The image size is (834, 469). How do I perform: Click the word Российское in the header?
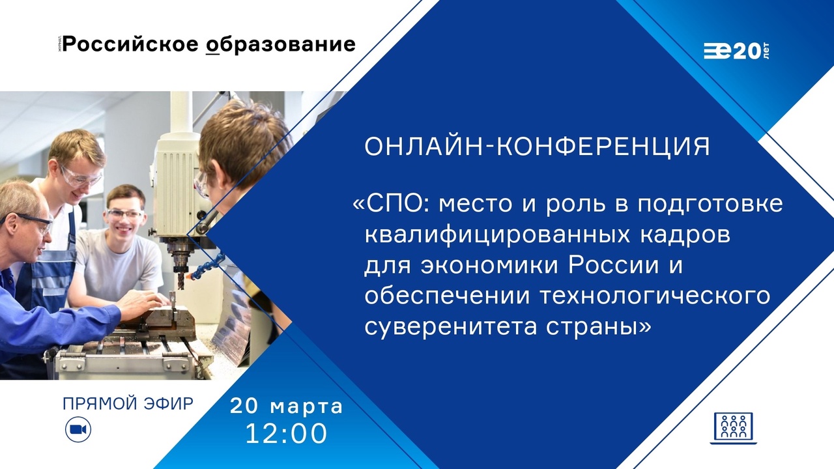tap(130, 44)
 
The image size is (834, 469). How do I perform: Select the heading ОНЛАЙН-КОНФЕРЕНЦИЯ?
tap(538, 146)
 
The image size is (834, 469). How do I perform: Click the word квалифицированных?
tap(497, 236)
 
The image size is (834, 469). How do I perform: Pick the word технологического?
tap(654, 296)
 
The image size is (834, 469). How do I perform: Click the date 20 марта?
tap(286, 406)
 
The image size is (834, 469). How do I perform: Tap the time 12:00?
tap(286, 434)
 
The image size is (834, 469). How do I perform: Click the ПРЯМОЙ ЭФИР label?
tap(128, 403)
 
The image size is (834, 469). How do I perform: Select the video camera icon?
tap(78, 429)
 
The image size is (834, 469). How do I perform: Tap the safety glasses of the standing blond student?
tap(81, 177)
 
